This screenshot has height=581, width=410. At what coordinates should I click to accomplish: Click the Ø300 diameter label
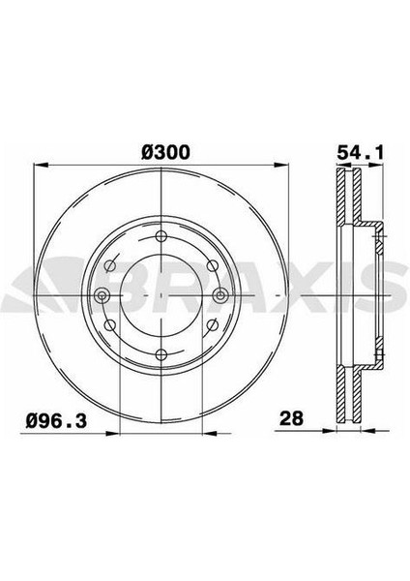pyautogui.click(x=165, y=152)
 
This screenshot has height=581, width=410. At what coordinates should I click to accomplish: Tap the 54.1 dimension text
pyautogui.click(x=361, y=152)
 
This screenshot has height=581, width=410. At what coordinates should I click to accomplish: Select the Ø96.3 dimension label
pyautogui.click(x=57, y=421)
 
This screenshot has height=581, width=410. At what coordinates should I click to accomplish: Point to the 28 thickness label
pyautogui.click(x=292, y=418)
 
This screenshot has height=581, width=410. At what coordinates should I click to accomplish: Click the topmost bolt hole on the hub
pyautogui.click(x=161, y=236)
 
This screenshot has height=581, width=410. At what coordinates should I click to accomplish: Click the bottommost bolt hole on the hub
pyautogui.click(x=161, y=354)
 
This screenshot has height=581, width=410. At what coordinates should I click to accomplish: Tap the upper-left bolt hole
pyautogui.click(x=110, y=265)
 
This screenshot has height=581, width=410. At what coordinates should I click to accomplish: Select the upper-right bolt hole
pyautogui.click(x=212, y=265)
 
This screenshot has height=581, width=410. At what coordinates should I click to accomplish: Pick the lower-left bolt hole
pyautogui.click(x=110, y=325)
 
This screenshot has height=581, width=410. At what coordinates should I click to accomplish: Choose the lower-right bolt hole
pyautogui.click(x=212, y=325)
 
